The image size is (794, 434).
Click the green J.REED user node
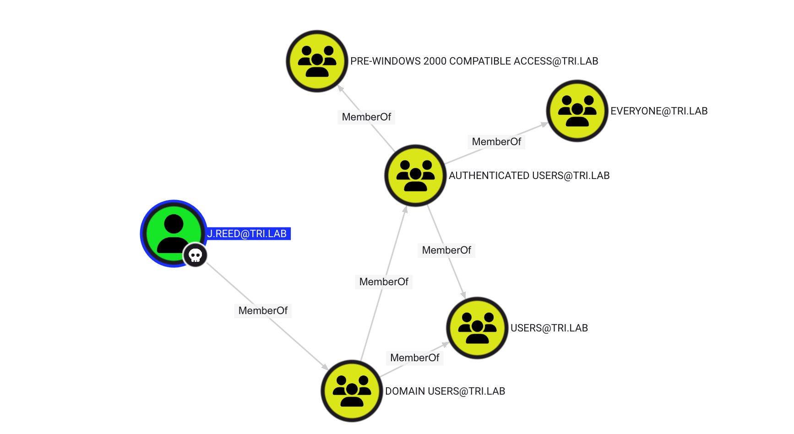click(173, 233)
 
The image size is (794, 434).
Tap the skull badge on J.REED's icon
click(196, 255)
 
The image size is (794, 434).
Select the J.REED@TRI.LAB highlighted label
click(247, 234)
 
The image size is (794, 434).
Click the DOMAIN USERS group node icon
click(352, 391)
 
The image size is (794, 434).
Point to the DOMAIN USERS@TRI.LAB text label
click(445, 391)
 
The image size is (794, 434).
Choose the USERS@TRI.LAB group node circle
click(477, 327)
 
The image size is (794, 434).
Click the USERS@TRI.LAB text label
click(549, 328)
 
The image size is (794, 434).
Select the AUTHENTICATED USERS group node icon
click(415, 175)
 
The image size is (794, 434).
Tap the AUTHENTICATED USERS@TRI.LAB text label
click(529, 176)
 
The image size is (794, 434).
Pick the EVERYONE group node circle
click(577, 111)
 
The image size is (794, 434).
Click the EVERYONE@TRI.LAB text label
click(658, 111)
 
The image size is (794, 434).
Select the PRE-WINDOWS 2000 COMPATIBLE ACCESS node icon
click(317, 61)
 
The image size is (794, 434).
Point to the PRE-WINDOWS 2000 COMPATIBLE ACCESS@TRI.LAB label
click(474, 61)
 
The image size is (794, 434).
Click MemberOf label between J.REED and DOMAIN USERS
click(263, 311)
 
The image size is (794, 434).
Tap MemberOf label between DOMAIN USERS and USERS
click(414, 358)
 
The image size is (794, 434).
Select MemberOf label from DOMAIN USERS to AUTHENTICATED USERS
click(384, 282)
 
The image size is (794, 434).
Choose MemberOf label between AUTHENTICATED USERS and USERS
click(446, 250)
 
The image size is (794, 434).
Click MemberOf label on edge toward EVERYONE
click(496, 142)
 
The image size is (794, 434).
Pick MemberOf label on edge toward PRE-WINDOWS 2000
click(366, 117)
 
